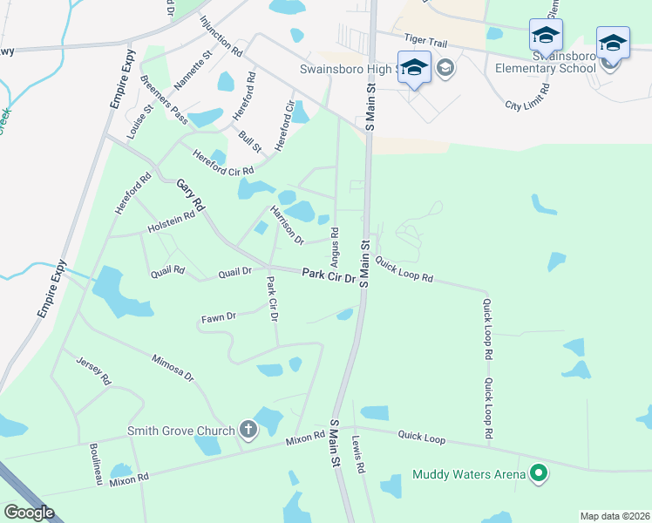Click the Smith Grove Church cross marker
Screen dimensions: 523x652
[248, 429]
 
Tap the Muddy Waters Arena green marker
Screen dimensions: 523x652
[540, 474]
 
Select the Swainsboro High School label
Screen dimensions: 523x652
[349, 68]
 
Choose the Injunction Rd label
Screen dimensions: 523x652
[221, 36]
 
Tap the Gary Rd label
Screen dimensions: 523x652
[190, 195]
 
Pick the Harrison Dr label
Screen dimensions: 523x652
[286, 225]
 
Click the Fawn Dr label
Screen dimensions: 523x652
[219, 318]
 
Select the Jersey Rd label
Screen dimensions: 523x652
[94, 371]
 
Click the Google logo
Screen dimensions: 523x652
[29, 513]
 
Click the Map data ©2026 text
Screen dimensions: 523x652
[615, 516]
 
